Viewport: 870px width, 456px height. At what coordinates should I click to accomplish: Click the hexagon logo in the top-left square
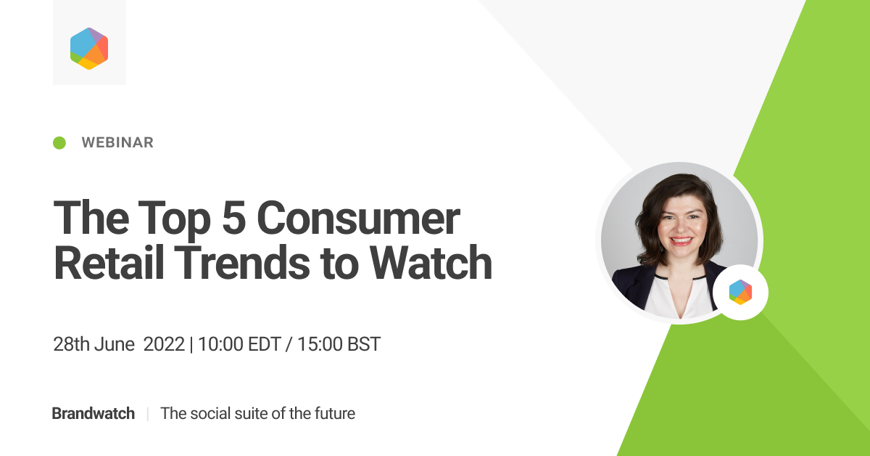89,48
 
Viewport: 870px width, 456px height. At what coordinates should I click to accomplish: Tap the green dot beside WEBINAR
59,143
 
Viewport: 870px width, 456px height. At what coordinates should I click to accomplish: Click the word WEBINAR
117,143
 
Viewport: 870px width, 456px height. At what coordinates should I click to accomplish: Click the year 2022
164,344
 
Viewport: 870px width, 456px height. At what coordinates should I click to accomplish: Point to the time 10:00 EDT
238,344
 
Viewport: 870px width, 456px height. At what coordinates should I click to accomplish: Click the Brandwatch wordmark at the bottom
93,414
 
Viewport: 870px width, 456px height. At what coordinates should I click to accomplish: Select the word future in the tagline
333,414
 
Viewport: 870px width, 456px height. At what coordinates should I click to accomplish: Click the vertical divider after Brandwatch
147,414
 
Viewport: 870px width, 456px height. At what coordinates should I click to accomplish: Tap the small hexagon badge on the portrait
740,292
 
